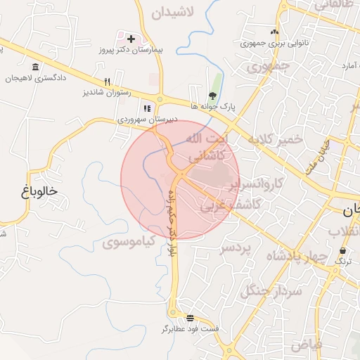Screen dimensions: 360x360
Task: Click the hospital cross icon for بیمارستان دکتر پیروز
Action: click(131, 37)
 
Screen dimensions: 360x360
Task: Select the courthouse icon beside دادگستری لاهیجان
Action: click(35, 67)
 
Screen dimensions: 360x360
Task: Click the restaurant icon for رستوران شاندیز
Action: click(107, 82)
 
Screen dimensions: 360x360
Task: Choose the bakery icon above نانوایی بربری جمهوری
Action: click(274, 32)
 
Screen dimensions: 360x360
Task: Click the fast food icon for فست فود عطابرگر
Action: click(190, 318)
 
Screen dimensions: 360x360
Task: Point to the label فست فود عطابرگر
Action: click(191, 329)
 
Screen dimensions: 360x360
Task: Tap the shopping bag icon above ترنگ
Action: click(342, 251)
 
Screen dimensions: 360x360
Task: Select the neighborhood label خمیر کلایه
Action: click(275, 139)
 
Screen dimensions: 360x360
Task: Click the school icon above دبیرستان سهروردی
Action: click(147, 108)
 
